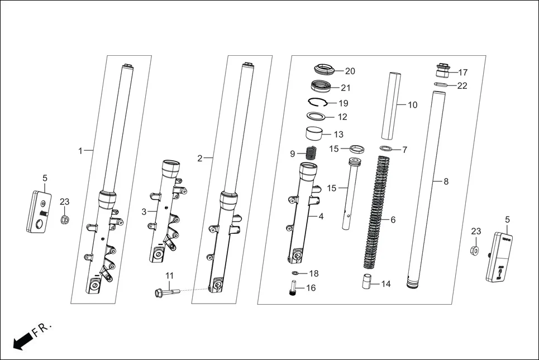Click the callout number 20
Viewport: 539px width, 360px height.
coord(350,71)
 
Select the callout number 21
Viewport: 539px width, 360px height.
coord(345,88)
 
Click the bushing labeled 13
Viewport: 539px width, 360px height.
coord(316,135)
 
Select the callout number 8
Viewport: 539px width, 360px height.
coord(446,181)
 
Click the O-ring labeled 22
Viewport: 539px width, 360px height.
coord(441,85)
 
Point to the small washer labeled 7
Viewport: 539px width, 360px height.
coord(386,149)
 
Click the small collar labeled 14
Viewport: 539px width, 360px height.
coord(366,281)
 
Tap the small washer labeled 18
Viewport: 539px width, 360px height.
coord(296,273)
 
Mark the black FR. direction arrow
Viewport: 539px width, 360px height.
coord(21,341)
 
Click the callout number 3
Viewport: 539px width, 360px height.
coord(144,212)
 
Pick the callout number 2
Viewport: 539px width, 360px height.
coord(200,158)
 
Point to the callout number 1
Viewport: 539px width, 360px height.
coord(80,150)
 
